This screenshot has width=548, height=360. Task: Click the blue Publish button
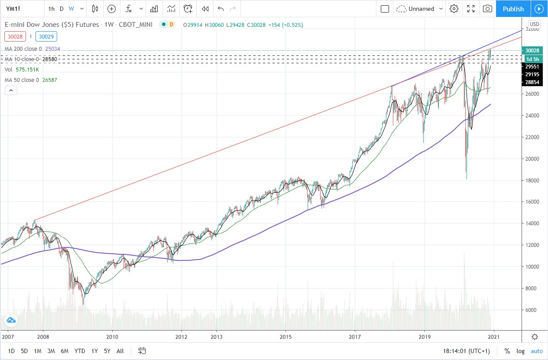point(513,9)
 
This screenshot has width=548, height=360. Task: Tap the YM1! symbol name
point(15,9)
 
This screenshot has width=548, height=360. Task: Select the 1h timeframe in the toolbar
point(52,9)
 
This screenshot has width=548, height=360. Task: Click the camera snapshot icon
point(487,9)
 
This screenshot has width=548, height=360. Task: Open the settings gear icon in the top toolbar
point(454,9)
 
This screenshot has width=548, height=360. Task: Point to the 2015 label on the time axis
point(285,337)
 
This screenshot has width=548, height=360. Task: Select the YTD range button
point(80,351)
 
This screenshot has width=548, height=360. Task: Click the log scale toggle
point(520,351)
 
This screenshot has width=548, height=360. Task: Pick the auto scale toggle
point(536,351)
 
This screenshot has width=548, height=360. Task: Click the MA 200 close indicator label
point(23,49)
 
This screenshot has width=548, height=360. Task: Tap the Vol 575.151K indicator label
point(22,69)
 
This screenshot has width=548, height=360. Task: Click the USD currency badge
point(535,24)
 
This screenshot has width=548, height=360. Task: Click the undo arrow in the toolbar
point(221,9)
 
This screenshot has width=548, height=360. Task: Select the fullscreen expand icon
point(471,9)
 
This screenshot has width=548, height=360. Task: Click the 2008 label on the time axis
point(42,337)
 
